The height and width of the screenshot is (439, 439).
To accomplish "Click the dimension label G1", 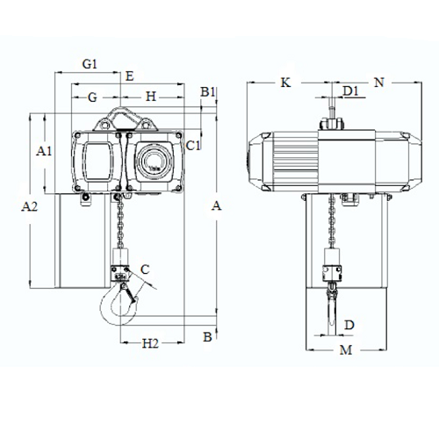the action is tap(90, 63).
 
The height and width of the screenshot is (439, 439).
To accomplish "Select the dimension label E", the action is tap(130, 76).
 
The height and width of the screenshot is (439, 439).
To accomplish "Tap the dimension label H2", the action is tap(150, 343).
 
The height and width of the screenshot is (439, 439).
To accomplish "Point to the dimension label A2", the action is tap(30, 207).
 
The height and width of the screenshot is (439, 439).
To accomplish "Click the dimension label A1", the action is tap(44, 151).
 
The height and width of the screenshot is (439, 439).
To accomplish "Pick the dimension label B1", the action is tap(207, 92).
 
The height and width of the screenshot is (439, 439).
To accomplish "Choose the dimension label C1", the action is tap(193, 146).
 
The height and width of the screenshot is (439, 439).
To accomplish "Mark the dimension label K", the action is tap(285, 83).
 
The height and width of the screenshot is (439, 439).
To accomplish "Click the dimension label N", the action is tap(379, 83).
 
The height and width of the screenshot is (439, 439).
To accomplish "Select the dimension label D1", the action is tap(350, 91).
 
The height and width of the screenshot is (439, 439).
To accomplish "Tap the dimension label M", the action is tap(346, 349).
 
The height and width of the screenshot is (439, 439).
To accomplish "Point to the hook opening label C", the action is tap(145, 270).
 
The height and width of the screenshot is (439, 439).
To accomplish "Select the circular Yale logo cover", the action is tap(155, 161).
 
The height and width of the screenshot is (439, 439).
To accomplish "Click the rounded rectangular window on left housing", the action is tap(97, 162).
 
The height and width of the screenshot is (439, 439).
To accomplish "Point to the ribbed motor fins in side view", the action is tap(295, 162).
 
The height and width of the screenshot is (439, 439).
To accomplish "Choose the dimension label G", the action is tap(92, 97).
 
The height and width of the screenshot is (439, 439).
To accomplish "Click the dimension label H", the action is tap(151, 97).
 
